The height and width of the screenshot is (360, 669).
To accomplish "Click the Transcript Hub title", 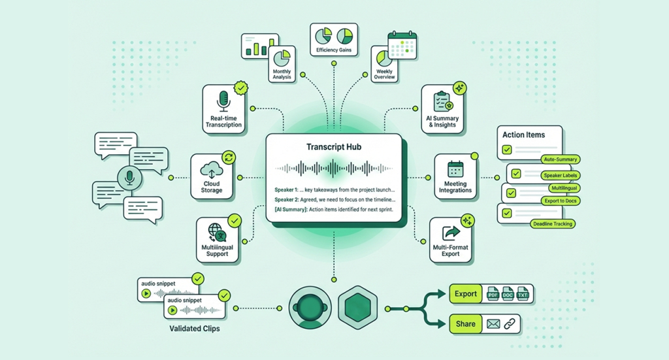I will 333,147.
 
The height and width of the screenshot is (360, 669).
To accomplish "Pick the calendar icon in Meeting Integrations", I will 455,169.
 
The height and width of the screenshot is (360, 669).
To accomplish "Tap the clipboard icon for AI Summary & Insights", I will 442,102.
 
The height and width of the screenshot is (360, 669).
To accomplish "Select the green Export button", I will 466,294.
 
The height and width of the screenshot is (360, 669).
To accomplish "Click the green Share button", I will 466,323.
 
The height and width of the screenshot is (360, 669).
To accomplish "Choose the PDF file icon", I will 493,294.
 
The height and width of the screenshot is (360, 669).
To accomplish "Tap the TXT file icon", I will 523,294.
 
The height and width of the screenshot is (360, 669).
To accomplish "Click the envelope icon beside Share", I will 493,323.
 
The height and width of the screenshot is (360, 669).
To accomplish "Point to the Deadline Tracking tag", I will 552,224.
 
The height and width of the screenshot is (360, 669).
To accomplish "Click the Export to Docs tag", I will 562,200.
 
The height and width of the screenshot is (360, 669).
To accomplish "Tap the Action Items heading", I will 523,135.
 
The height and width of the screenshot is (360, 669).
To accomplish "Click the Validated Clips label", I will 189,329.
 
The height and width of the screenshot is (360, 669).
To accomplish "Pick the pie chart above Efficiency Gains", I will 325,35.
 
